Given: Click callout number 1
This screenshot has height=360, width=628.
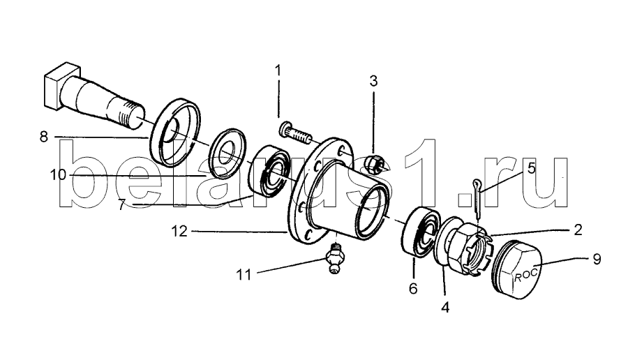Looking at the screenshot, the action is [278, 70].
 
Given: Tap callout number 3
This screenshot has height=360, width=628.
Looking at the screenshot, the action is [373, 81].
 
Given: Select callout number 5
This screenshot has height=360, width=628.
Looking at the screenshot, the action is [531, 167].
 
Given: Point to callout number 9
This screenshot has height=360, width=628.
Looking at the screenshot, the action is [597, 259].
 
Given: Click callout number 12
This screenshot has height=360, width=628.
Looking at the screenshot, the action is [179, 231].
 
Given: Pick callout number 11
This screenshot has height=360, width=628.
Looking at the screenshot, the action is [244, 275].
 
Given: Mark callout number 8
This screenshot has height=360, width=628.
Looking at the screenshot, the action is [44, 137].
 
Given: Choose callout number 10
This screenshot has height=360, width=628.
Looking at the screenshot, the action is [58, 175].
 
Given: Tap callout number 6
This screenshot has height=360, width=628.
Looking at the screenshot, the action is [413, 288].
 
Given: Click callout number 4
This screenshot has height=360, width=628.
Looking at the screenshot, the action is [445, 307].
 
